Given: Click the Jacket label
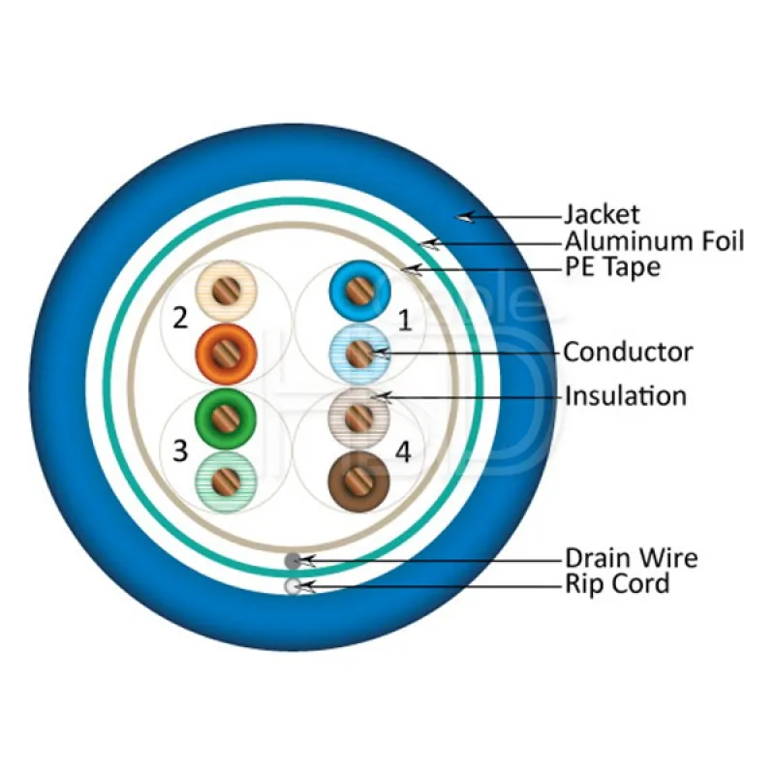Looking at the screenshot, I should [602, 215].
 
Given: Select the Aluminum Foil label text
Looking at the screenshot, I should [654, 241].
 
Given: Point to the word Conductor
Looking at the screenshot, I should [628, 352].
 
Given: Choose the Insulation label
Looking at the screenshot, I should [625, 395].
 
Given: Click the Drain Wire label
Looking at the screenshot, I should [631, 558].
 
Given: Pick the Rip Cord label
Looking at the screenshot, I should [617, 583].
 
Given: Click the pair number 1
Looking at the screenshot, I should [405, 320].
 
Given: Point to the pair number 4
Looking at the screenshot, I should [405, 452].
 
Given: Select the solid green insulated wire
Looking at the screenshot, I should [225, 418].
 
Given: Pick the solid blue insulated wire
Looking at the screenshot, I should [359, 291].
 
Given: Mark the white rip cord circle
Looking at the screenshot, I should [293, 585].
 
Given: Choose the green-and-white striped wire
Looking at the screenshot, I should [225, 480].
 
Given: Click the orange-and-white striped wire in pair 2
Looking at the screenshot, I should [225, 291].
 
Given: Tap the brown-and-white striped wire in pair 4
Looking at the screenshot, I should [359, 417].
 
